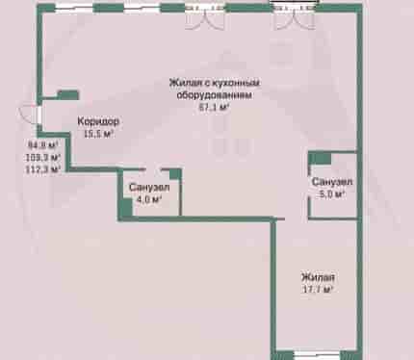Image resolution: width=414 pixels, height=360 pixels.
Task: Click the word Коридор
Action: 98,121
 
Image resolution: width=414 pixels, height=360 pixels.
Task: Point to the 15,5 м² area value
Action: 99,134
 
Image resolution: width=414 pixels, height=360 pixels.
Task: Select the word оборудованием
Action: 215,95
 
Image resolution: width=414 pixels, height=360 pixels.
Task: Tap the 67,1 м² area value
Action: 215,107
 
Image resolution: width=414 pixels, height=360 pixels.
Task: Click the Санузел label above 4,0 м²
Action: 149,187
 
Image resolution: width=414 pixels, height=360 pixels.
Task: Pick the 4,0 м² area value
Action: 148,199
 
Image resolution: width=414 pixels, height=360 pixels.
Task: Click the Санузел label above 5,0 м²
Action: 332,182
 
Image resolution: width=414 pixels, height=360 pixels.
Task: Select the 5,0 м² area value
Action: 332,193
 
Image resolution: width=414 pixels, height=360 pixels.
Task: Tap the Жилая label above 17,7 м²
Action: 318,277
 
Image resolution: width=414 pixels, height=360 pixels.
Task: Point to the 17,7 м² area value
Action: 318,290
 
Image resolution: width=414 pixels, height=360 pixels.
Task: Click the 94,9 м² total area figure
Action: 43,145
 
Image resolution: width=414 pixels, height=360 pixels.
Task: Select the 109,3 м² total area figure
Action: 43,157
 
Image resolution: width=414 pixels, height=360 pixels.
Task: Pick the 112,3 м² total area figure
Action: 43,169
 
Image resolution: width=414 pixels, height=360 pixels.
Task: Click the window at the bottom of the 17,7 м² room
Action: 317,355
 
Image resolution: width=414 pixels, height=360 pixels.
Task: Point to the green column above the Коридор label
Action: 68,95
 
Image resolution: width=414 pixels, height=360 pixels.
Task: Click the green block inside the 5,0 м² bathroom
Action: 320,159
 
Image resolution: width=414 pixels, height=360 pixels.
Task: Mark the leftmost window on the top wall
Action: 74,8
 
